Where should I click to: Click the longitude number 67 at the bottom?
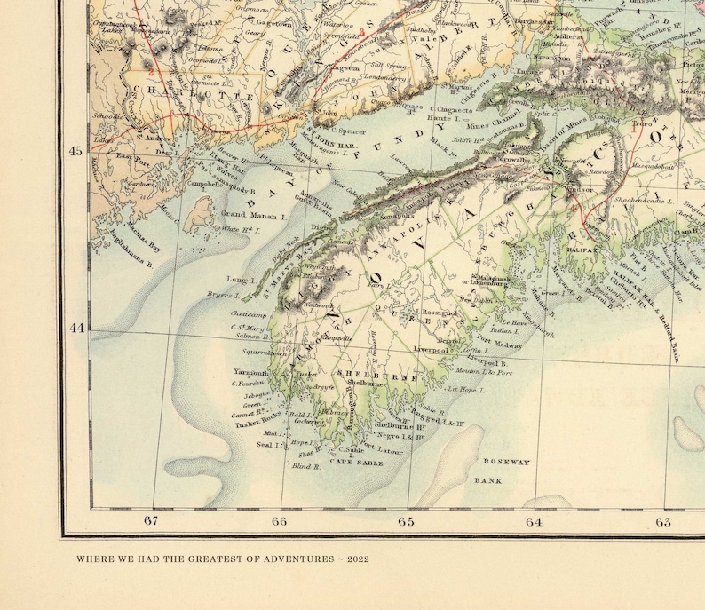pos(151,521)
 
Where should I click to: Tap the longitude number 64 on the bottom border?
pos(534,521)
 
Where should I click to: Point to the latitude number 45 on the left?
pos(75,150)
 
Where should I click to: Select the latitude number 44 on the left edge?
pos(75,328)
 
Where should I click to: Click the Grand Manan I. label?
pos(251,215)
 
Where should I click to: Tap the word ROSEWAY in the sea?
pos(506,462)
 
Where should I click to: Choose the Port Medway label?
pos(500,344)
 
